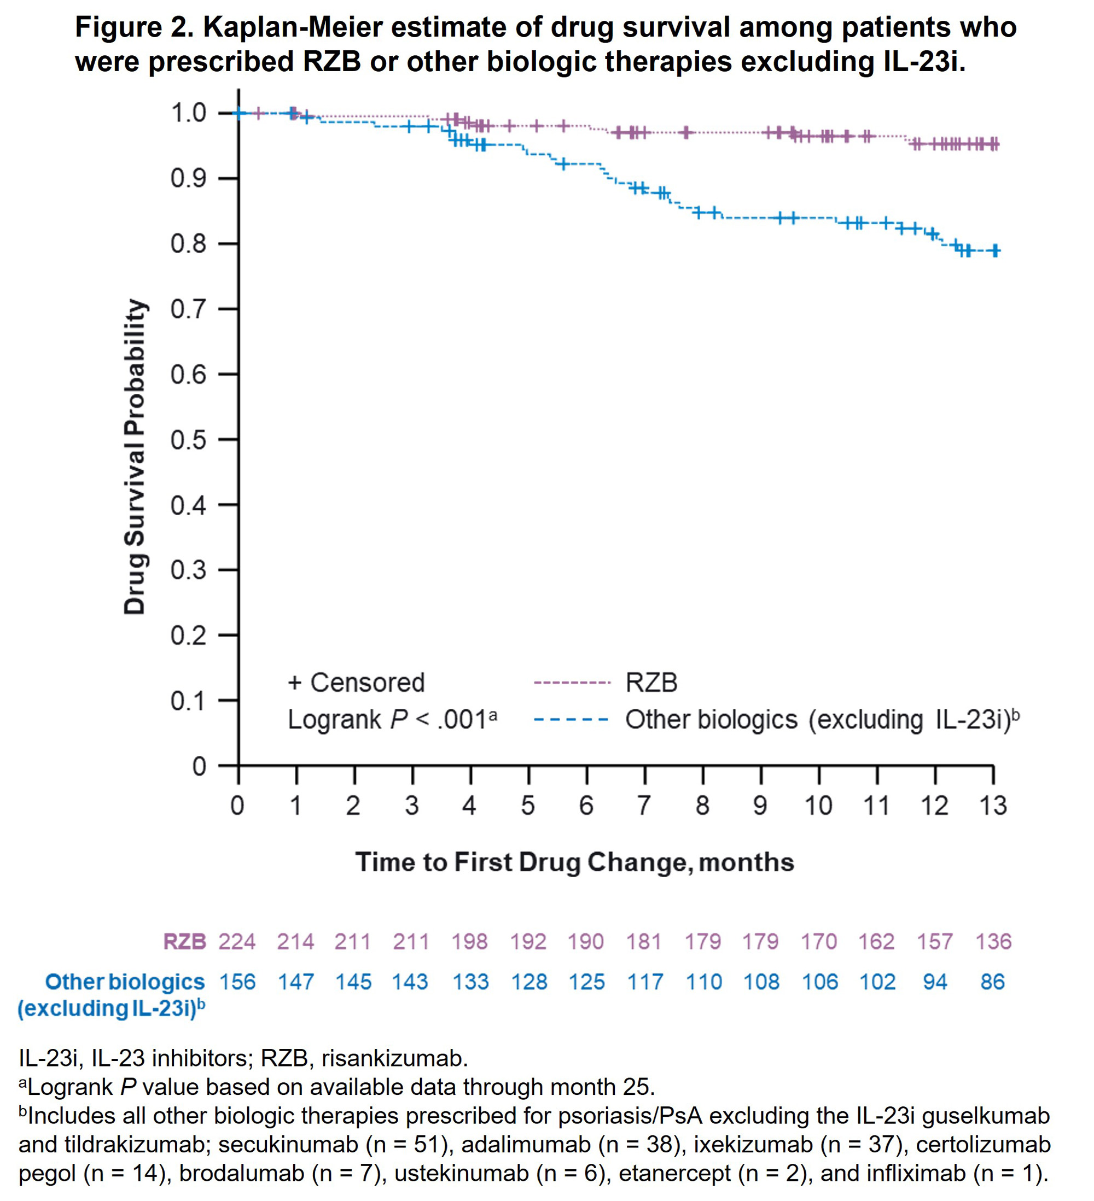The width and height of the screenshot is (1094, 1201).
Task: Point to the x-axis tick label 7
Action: tap(643, 806)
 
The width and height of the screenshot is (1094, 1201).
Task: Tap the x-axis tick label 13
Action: tap(993, 806)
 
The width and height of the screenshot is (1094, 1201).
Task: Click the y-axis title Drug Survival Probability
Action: tap(135, 456)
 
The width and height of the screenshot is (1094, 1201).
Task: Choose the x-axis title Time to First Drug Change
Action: tap(574, 862)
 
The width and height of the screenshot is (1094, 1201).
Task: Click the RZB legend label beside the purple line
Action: tap(651, 683)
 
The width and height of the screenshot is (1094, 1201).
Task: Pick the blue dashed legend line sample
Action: tap(572, 720)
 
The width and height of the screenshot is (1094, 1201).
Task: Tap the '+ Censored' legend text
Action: tap(356, 683)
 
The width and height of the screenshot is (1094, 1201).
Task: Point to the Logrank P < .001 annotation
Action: tap(392, 720)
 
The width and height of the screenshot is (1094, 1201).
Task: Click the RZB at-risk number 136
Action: tap(993, 942)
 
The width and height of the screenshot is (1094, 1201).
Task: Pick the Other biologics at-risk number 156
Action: tap(237, 982)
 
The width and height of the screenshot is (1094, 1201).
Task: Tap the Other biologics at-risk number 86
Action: tap(993, 982)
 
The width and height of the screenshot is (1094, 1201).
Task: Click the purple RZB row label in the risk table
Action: tap(184, 942)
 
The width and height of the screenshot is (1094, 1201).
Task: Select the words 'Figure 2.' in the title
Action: tap(135, 27)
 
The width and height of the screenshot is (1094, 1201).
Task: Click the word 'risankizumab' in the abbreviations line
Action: tap(394, 1059)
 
